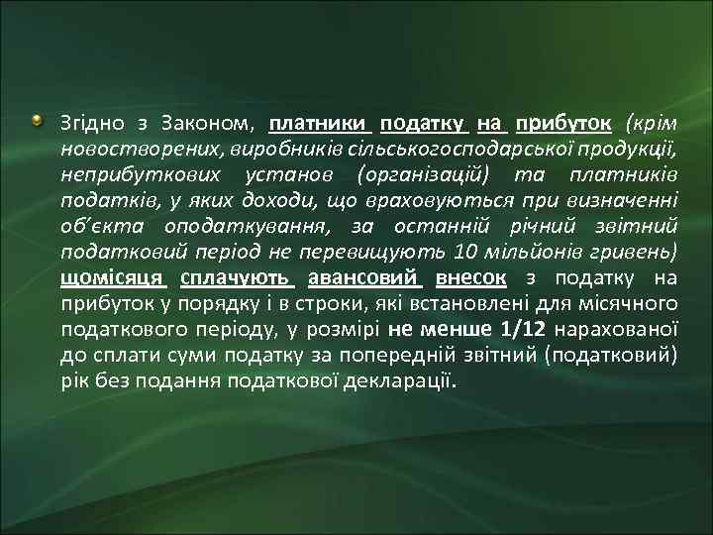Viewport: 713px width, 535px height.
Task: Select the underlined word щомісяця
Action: click(112, 279)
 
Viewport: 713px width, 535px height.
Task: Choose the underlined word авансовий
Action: click(366, 279)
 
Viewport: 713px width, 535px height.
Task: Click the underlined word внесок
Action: click(471, 279)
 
